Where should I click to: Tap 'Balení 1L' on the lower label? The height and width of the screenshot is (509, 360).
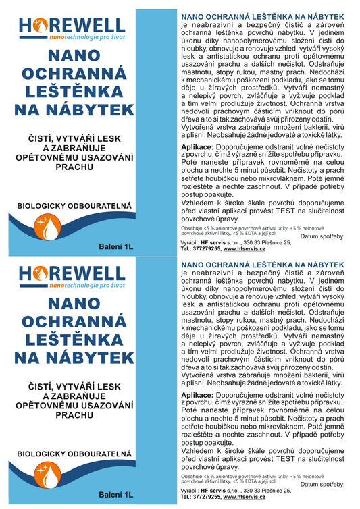pos(115,495)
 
